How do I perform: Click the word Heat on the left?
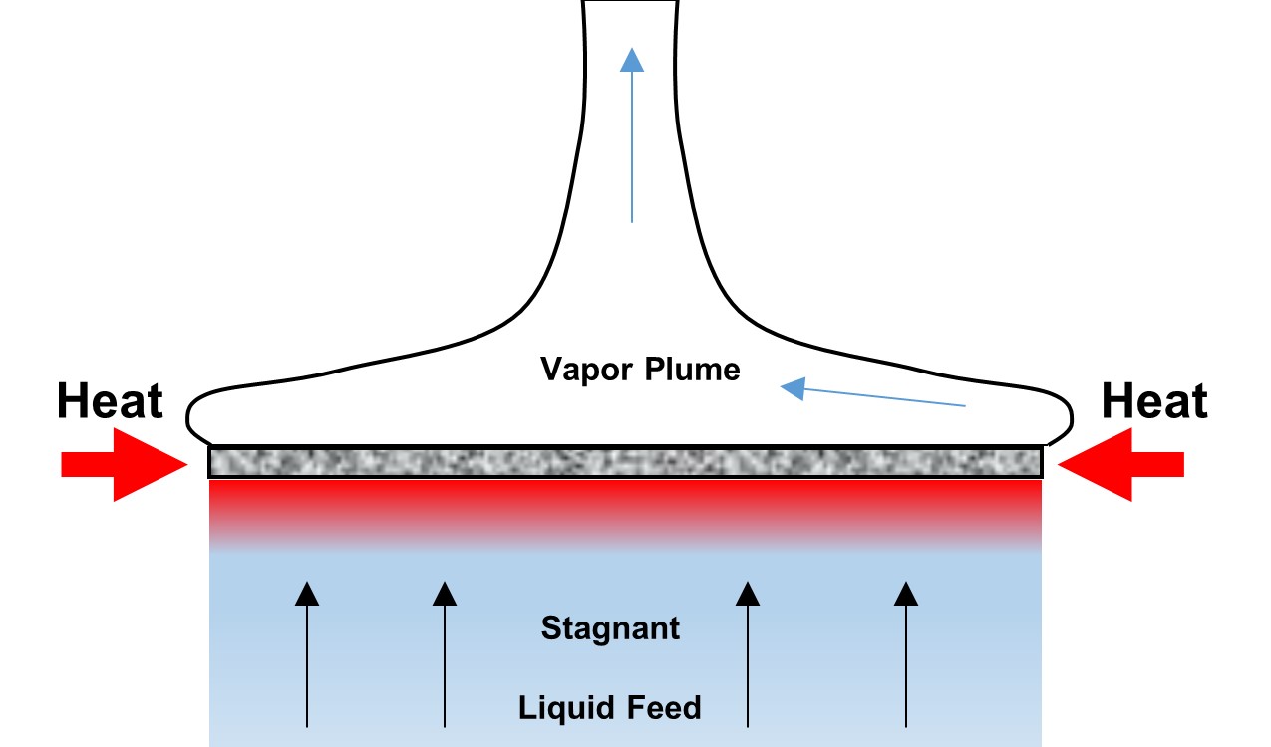point(110,402)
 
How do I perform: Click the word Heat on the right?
point(1154,402)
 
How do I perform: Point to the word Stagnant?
point(610,628)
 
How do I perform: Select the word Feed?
point(663,708)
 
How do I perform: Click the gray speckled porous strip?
point(625,462)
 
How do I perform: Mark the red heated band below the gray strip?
point(625,503)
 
